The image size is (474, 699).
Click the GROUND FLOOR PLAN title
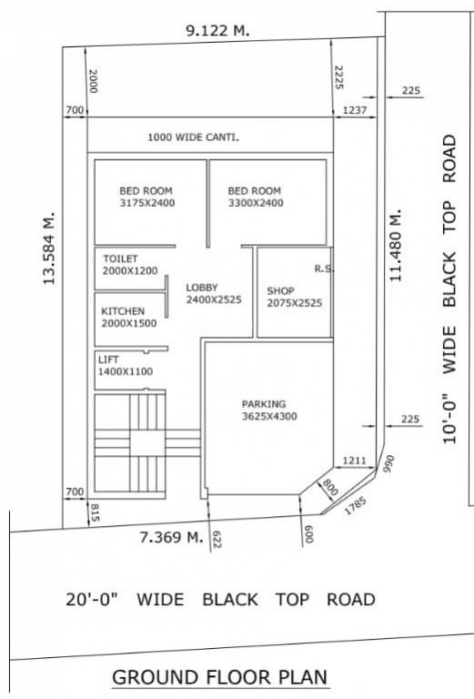tap(219, 678)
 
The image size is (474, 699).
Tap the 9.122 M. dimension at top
tap(217, 30)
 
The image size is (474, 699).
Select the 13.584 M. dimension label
tap(49, 251)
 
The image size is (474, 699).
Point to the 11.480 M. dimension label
tap(395, 247)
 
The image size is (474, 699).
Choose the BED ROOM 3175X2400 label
tap(146, 197)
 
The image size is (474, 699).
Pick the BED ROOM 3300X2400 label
tap(256, 197)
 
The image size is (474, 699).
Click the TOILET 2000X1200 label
tap(130, 265)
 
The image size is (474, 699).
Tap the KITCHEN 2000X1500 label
tap(128, 317)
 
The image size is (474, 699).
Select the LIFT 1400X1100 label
tap(125, 365)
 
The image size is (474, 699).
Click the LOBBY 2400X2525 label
tap(213, 293)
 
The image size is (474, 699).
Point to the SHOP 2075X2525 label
tap(294, 297)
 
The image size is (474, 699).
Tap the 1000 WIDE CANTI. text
tap(193, 137)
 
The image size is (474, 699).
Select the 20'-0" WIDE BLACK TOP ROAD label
tap(220, 600)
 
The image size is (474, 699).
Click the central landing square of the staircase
tap(142, 442)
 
